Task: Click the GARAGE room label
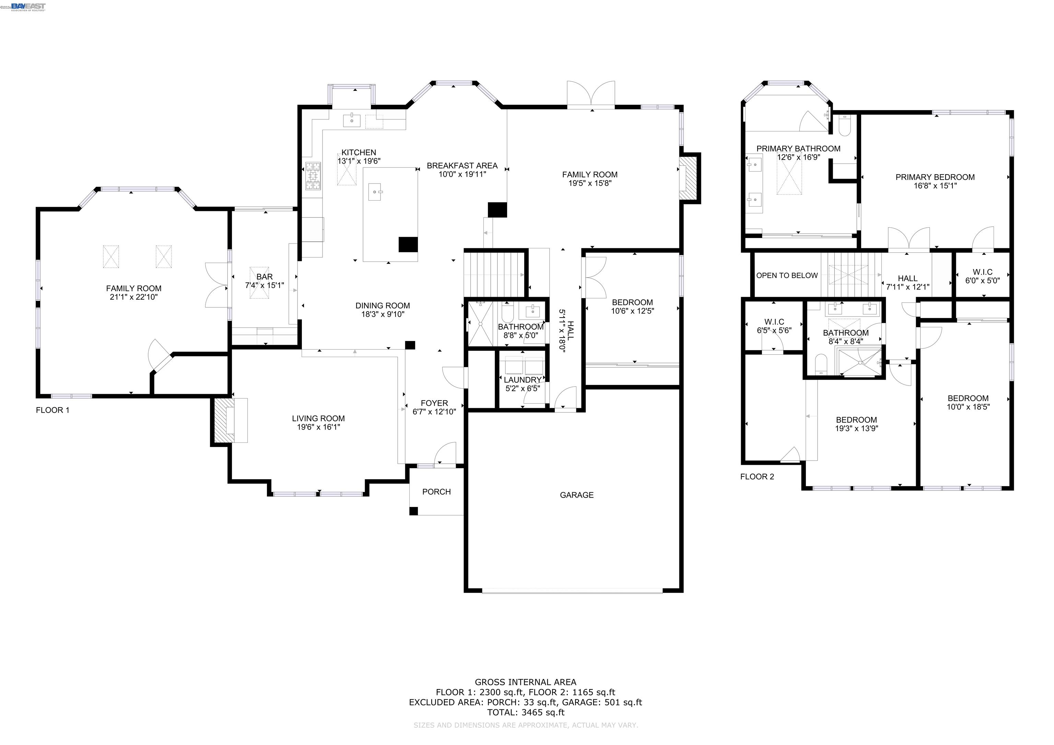pos(577,495)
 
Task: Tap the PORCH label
pos(436,492)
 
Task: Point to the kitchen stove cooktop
pos(314,176)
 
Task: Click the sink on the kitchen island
pos(375,191)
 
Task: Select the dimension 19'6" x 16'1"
pos(318,427)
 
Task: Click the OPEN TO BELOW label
pos(787,275)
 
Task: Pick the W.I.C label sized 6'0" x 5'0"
pos(982,272)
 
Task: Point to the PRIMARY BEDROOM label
pos(935,177)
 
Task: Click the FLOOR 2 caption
pos(757,477)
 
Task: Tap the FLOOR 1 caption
pos(52,410)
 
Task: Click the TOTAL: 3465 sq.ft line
pos(526,712)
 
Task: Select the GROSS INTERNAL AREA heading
pos(525,682)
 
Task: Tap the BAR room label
pos(265,277)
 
